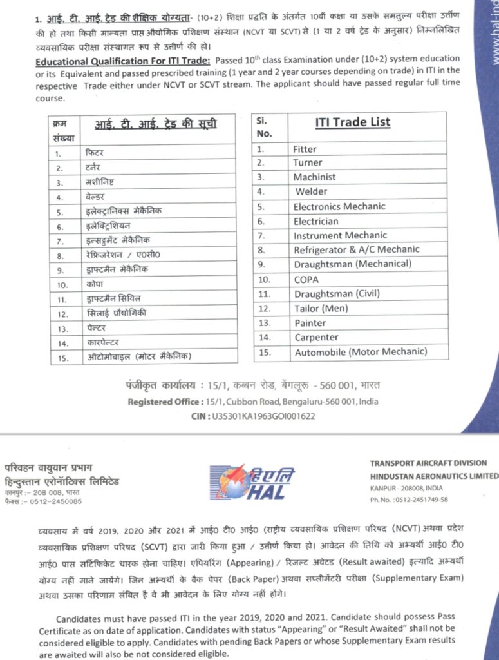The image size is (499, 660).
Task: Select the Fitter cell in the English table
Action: (305, 149)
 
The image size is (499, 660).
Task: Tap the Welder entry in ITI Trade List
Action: (311, 191)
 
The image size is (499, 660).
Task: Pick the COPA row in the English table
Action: (306, 280)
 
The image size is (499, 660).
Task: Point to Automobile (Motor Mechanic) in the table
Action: (361, 352)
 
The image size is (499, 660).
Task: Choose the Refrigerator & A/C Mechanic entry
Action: (356, 249)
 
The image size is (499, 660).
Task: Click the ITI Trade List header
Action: (352, 122)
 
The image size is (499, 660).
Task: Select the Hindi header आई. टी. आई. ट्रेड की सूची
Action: (156, 124)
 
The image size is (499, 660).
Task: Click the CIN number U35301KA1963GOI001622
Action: (263, 416)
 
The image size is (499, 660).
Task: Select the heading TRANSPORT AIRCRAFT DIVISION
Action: (428, 463)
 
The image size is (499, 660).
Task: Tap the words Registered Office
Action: (164, 402)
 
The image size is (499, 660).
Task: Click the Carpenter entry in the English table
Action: (316, 337)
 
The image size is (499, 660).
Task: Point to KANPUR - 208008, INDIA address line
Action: (403, 489)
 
